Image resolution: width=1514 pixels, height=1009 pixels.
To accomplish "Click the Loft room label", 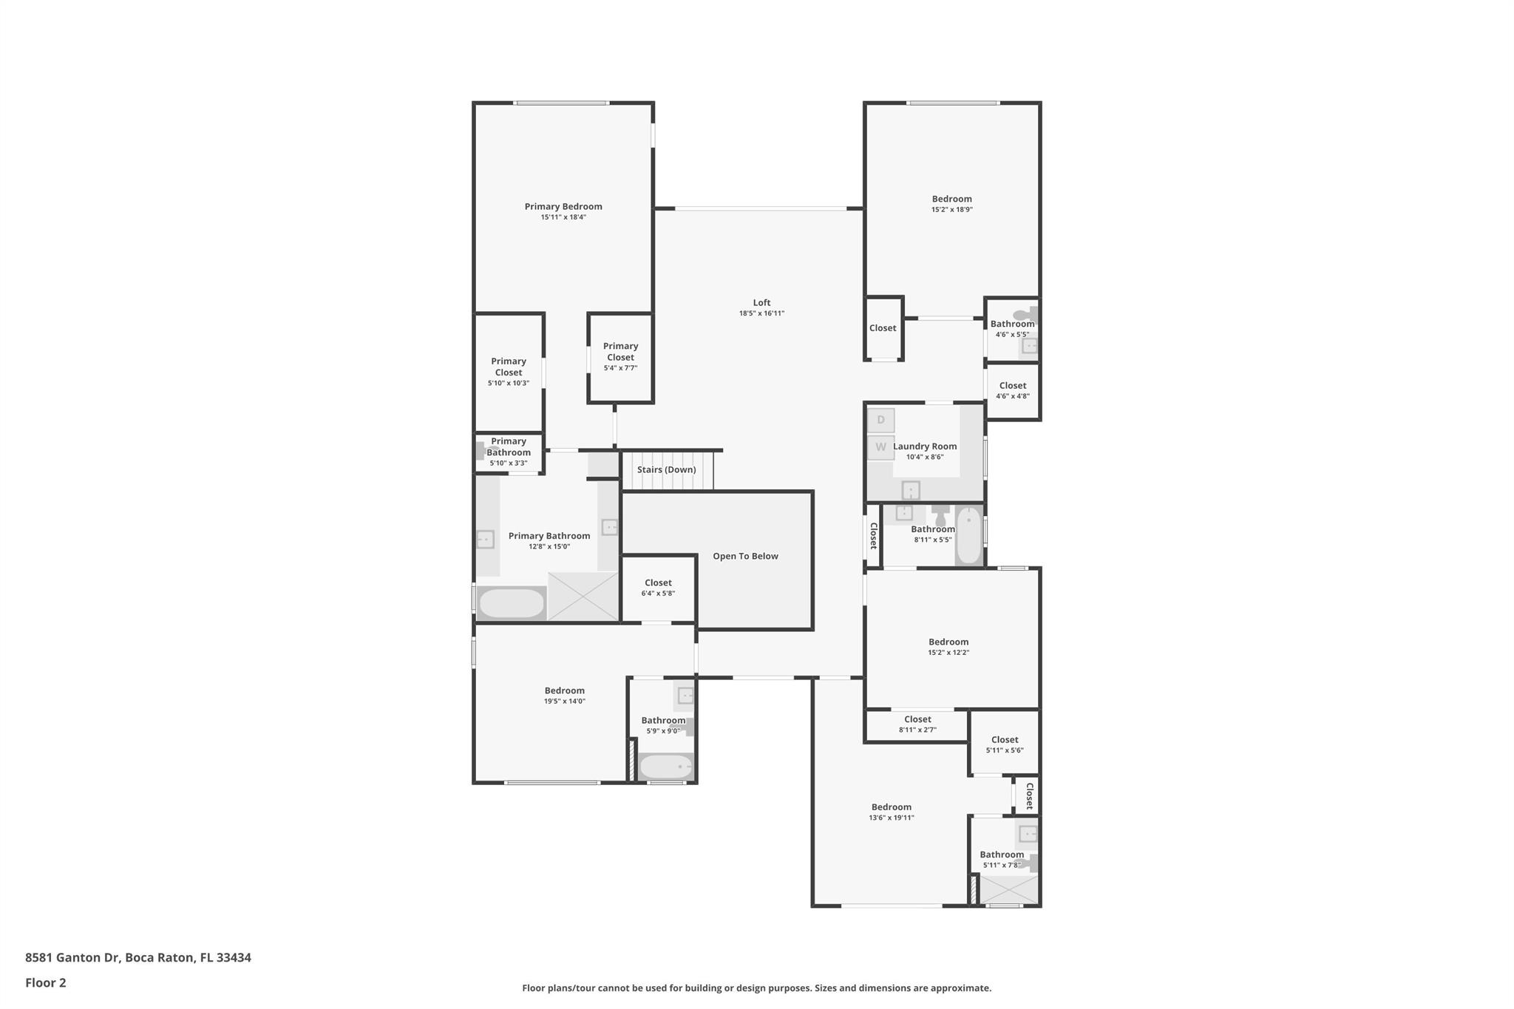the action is pyautogui.click(x=761, y=302).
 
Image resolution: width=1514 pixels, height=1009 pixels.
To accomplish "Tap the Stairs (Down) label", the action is pyautogui.click(x=666, y=469).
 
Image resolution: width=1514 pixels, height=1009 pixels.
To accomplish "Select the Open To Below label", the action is pyautogui.click(x=745, y=556).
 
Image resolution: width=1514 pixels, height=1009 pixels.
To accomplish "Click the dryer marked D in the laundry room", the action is pyautogui.click(x=880, y=420).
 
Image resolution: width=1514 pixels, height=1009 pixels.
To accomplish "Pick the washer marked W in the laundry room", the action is pyautogui.click(x=880, y=447).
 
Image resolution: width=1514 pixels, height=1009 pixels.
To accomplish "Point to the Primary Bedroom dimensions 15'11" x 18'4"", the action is pyautogui.click(x=563, y=217).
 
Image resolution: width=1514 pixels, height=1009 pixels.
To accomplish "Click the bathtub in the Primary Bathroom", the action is pyautogui.click(x=511, y=603).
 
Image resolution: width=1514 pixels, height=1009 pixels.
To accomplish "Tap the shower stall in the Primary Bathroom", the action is pyautogui.click(x=583, y=597).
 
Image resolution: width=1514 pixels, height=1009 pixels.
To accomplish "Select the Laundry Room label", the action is pyautogui.click(x=925, y=446).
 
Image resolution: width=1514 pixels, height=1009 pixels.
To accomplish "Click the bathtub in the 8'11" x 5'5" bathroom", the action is pyautogui.click(x=969, y=535).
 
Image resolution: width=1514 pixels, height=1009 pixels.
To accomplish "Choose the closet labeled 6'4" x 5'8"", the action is pyautogui.click(x=658, y=588).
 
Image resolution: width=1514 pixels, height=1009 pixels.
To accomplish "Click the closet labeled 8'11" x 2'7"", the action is pyautogui.click(x=917, y=724).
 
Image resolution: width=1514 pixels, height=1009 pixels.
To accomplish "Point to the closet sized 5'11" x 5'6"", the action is pyautogui.click(x=1005, y=744).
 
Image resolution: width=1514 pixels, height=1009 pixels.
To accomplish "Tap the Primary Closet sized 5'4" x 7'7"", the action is pyautogui.click(x=620, y=358).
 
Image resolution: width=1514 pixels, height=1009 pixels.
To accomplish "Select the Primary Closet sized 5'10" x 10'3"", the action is pyautogui.click(x=509, y=373).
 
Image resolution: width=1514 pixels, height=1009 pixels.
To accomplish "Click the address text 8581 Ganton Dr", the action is pyautogui.click(x=72, y=957).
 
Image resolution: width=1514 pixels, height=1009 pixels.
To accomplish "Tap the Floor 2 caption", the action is pyautogui.click(x=46, y=982).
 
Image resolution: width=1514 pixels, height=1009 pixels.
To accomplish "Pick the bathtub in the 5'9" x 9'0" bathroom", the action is pyautogui.click(x=665, y=767).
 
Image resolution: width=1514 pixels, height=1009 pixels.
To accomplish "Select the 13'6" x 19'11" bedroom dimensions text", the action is pyautogui.click(x=892, y=818).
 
